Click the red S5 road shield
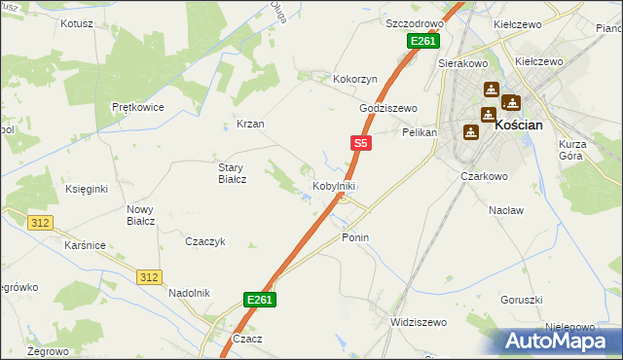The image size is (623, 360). coord(360,143)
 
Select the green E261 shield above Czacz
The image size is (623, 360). coord(260,301)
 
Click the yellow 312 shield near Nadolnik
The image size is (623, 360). coord(148,277)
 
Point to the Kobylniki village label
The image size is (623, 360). coord(334,186)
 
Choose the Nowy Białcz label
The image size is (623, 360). coord(141,215)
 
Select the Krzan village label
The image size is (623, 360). coord(250,125)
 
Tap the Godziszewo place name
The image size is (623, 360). coord(388,108)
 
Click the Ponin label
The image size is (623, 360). coord(355,237)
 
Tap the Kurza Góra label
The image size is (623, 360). coord(572,151)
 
